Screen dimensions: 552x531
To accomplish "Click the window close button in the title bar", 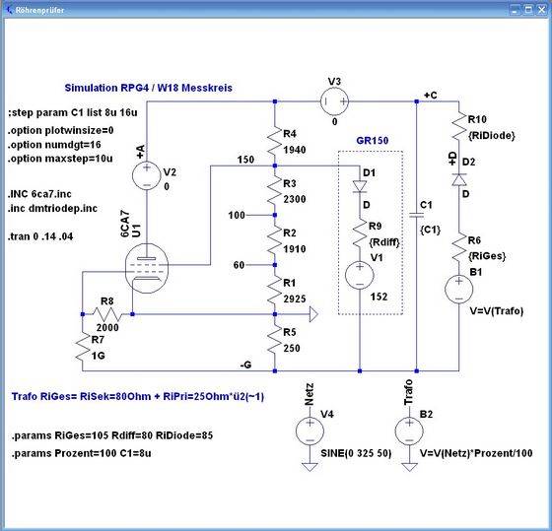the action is point(542,10).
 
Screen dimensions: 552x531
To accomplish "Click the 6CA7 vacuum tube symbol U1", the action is point(147,268).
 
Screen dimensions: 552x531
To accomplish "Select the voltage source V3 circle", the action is point(334,101).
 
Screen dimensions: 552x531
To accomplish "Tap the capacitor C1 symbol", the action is point(416,215).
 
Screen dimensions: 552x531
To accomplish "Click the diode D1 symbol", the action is point(360,187).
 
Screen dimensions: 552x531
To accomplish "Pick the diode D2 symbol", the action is point(459,179).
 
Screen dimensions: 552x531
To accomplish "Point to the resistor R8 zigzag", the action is point(107,314).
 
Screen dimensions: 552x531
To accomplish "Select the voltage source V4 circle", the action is point(310,431).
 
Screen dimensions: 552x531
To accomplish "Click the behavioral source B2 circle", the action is point(409,431).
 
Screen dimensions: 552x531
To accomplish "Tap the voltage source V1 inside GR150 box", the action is point(360,275).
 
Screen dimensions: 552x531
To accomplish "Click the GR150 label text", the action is point(373,141).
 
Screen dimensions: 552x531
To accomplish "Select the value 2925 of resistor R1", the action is point(295,299).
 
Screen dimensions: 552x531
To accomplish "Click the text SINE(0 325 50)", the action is point(356,453).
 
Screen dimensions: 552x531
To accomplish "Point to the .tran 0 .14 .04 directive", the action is point(40,236).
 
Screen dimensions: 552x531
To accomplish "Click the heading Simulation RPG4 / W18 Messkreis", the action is point(148,88).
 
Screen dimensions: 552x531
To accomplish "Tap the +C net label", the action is point(430,96).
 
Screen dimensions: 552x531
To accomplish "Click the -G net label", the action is point(245,365).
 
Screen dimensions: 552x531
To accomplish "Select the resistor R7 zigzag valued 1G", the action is point(82,350).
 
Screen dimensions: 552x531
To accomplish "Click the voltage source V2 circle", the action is point(147,175).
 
